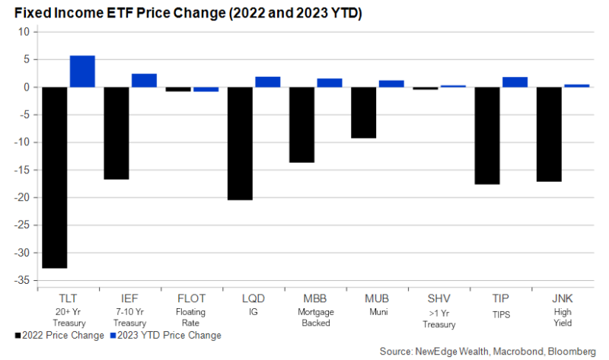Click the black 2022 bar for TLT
pos(55,177)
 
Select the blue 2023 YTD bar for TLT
pos(82,72)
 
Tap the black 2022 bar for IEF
pos(116,133)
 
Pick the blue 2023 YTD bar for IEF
pos(144,80)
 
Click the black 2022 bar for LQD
pos(240,143)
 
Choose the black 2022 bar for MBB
pos(301,125)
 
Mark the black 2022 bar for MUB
pos(364,113)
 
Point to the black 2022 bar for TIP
pos(487,135)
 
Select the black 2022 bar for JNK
pos(549,134)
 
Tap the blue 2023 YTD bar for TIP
pos(515,82)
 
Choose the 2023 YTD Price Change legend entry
pos(164,336)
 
